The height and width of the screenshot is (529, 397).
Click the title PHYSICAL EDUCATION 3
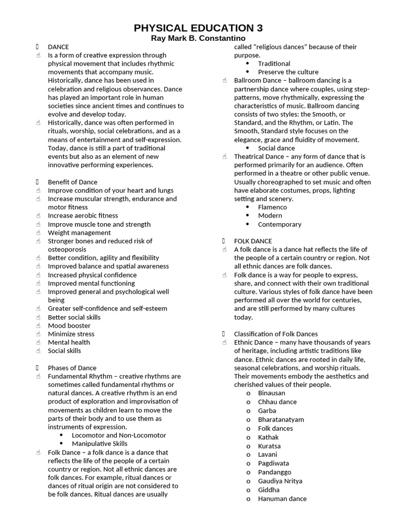(198, 28)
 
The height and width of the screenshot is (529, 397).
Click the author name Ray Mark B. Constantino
(198, 39)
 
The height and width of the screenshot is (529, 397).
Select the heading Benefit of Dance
(72, 182)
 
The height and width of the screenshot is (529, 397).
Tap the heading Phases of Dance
(72, 368)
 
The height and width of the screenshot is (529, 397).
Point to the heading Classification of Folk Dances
(276, 334)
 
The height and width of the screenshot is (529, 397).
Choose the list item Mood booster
(69, 325)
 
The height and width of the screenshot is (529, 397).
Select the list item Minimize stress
(71, 334)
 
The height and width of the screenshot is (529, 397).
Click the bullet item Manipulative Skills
(99, 444)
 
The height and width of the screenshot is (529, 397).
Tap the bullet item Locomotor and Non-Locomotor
(119, 435)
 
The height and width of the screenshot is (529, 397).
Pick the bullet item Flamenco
(272, 207)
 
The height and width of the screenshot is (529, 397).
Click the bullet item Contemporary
(280, 224)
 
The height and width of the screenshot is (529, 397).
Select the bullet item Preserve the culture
(288, 72)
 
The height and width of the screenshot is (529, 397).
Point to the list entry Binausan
(272, 393)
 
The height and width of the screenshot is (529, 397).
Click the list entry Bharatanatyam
(281, 419)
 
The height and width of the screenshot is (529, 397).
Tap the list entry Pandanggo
(274, 472)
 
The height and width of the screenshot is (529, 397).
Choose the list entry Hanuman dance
(282, 499)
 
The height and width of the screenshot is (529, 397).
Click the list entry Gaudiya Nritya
(280, 481)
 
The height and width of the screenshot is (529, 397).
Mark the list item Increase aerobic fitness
(83, 215)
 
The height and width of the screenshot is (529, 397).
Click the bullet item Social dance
(276, 148)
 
